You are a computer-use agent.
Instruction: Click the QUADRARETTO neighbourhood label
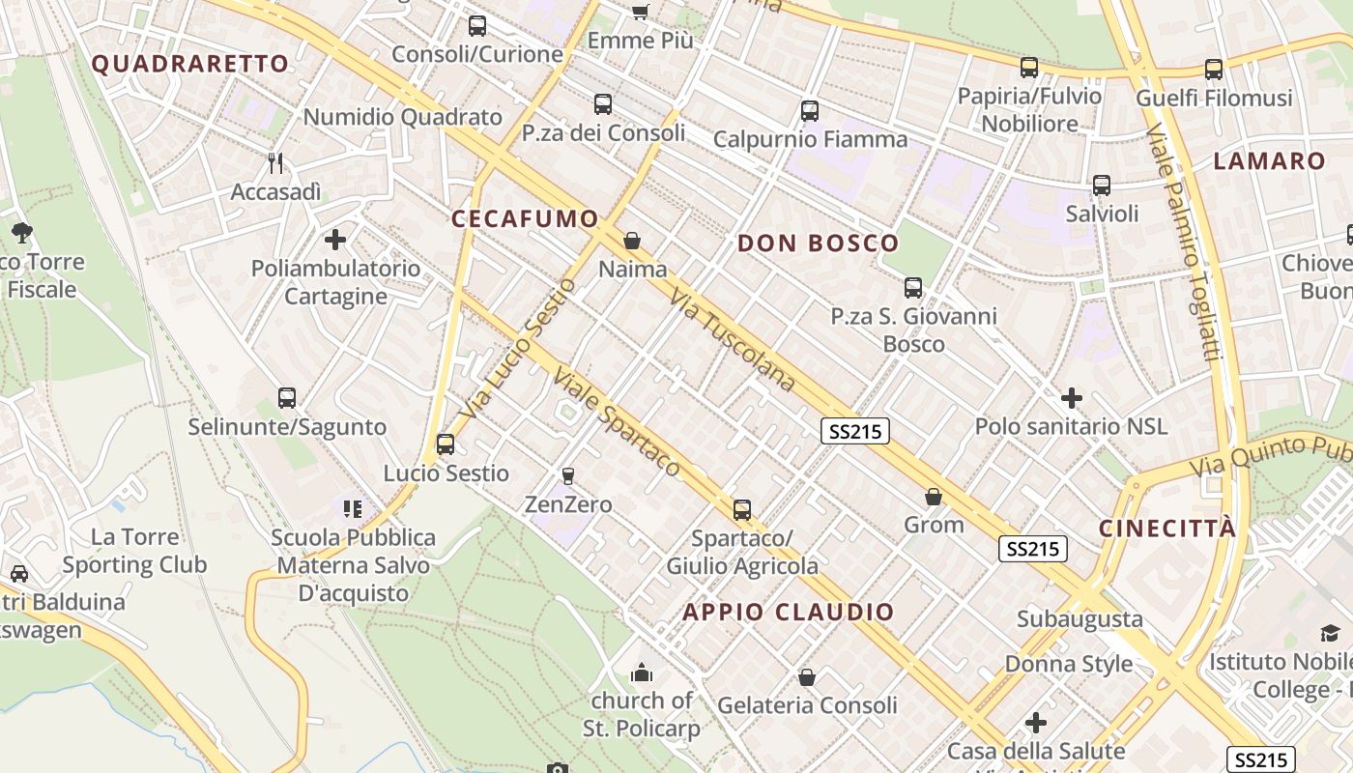[x=189, y=65]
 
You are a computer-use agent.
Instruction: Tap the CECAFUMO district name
[x=525, y=219]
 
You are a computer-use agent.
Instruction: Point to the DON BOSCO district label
[x=818, y=243]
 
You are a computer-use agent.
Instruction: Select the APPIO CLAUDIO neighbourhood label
[x=789, y=612]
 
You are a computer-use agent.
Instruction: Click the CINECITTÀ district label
[x=1167, y=529]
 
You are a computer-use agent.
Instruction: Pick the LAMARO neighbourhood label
[x=1269, y=161]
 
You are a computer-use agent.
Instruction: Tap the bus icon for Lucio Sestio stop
[x=446, y=444]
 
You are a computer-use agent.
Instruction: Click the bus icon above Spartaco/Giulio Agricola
[x=742, y=509]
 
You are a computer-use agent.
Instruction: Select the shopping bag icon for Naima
[x=632, y=241]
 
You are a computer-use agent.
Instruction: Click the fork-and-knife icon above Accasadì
[x=275, y=162]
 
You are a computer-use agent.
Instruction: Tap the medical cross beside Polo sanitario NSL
[x=1071, y=397]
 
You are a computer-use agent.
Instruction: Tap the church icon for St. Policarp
[x=641, y=672]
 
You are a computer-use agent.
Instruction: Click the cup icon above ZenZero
[x=567, y=475]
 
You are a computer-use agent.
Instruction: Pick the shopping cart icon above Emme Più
[x=640, y=12]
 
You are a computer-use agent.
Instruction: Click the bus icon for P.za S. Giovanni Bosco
[x=913, y=287]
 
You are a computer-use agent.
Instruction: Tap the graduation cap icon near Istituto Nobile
[x=1331, y=634]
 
